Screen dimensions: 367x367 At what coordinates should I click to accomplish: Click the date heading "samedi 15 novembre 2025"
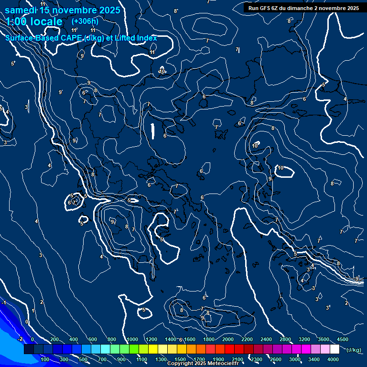click(62, 10)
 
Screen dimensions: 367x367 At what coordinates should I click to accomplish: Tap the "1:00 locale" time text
click(34, 22)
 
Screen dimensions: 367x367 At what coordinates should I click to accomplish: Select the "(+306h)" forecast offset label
click(85, 22)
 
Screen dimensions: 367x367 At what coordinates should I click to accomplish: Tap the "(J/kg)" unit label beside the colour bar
click(354, 350)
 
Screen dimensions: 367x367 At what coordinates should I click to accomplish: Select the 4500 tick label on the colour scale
click(343, 339)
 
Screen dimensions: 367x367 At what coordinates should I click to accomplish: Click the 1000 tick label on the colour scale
click(132, 339)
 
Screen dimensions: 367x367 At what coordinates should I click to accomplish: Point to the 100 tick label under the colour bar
click(46, 359)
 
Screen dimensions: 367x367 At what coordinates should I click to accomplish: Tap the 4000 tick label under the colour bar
click(333, 359)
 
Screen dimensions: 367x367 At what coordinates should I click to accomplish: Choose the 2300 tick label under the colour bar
click(257, 359)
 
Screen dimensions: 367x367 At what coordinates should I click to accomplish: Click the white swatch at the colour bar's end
click(335, 349)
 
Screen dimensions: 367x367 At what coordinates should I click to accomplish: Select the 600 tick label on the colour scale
click(93, 339)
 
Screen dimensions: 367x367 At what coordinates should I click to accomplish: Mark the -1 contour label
click(3, 302)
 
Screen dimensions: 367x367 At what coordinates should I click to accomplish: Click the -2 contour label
click(20, 339)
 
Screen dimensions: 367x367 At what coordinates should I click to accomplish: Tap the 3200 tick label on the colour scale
click(304, 339)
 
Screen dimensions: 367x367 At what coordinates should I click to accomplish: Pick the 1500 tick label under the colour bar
click(180, 359)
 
